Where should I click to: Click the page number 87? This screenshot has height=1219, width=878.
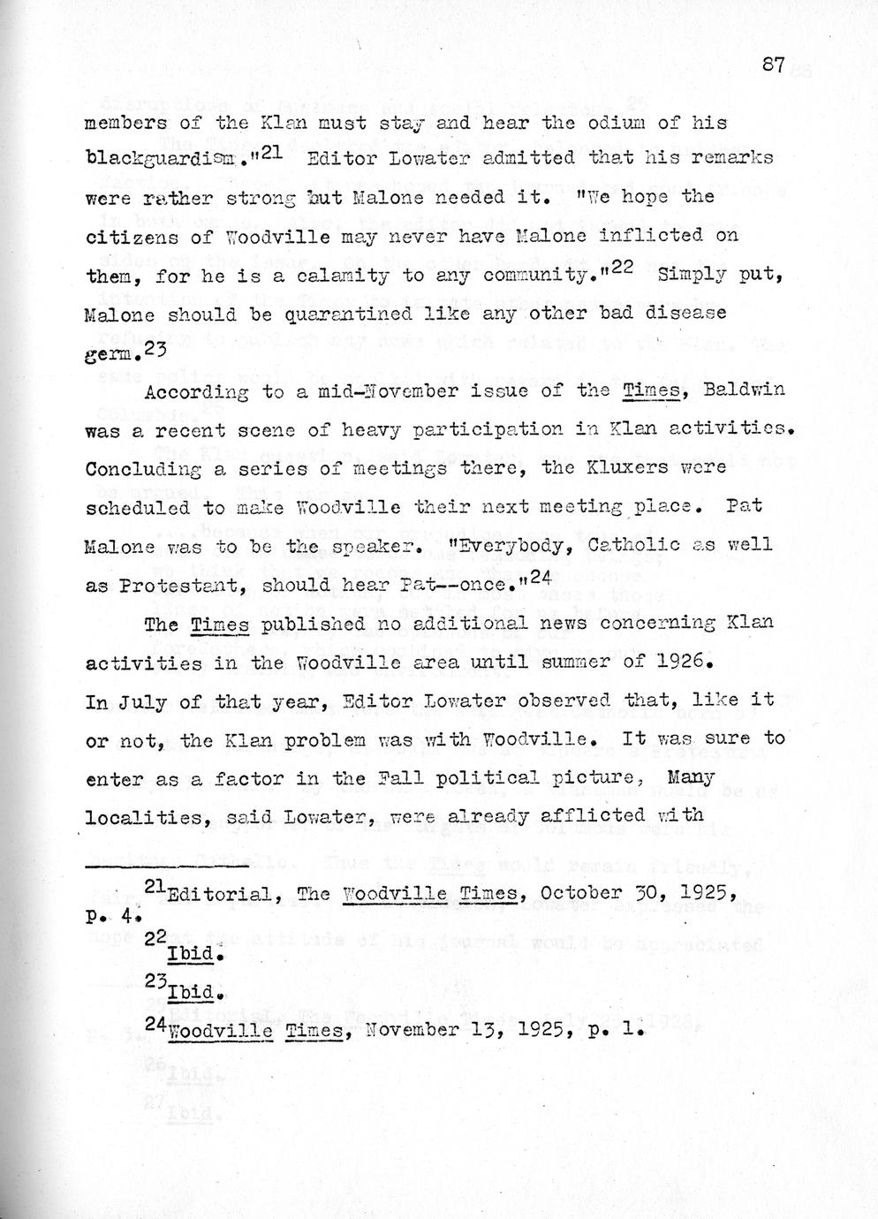(x=772, y=64)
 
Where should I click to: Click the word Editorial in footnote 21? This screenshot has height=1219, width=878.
(x=219, y=893)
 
